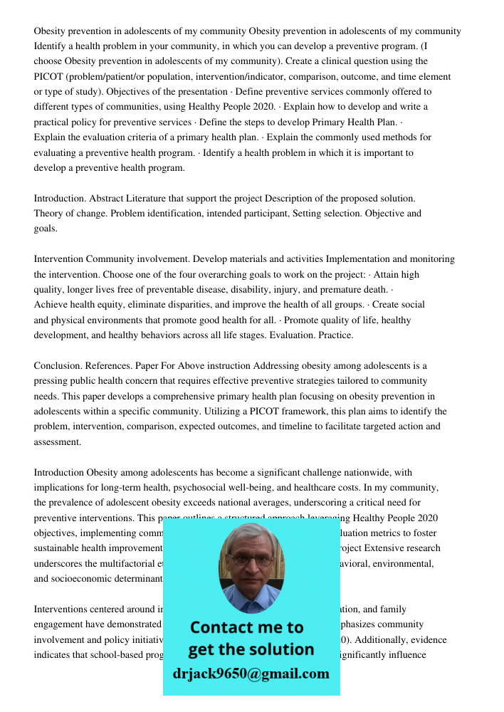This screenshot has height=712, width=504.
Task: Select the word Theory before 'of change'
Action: point(48,213)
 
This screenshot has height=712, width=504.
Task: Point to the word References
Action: point(114,365)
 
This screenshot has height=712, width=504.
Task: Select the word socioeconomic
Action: point(80,578)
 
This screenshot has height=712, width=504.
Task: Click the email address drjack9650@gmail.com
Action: point(251,674)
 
